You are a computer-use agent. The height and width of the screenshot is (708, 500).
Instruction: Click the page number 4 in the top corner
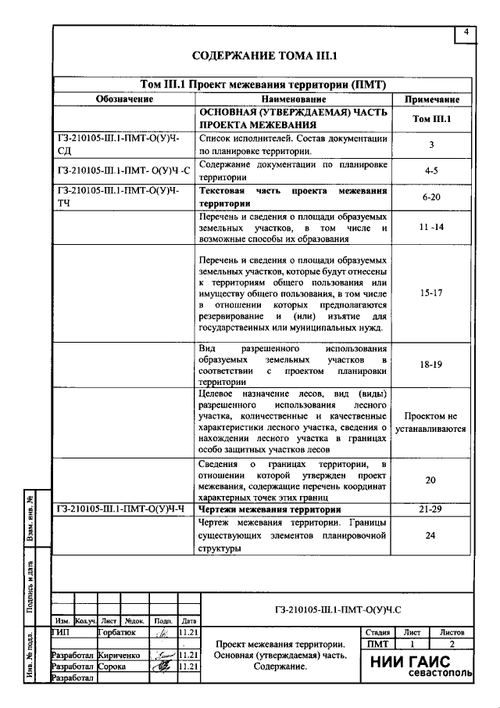tap(466, 32)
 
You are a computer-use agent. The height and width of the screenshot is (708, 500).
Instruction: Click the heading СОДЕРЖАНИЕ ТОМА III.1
tap(258, 56)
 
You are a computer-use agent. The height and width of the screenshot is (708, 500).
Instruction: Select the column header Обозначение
tap(123, 100)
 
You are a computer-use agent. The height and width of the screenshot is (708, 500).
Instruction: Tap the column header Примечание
tap(431, 100)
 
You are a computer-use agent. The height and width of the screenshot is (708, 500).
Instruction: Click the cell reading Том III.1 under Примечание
tap(431, 119)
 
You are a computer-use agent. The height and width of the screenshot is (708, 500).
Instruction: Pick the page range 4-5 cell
tap(431, 170)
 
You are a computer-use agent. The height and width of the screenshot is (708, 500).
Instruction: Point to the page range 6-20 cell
tap(431, 199)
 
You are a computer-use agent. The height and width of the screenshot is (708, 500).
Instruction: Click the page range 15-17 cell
tap(431, 293)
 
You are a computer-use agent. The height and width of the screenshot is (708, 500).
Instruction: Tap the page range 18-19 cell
tap(431, 364)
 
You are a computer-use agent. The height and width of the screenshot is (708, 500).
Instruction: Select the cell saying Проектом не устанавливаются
tap(431, 422)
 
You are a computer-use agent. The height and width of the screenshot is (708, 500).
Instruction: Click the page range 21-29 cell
tap(431, 510)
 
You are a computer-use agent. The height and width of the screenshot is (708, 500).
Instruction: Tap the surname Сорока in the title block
tap(113, 667)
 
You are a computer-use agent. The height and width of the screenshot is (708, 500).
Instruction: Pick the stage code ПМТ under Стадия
tap(377, 644)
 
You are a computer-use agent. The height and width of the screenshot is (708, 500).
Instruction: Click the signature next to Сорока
tap(162, 667)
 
